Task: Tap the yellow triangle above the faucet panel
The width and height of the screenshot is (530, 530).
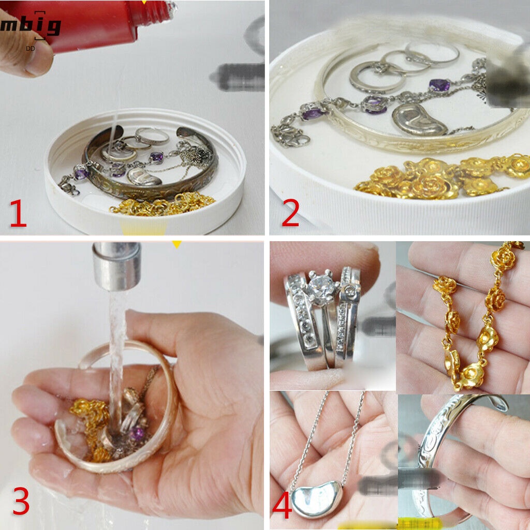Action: (177, 244)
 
